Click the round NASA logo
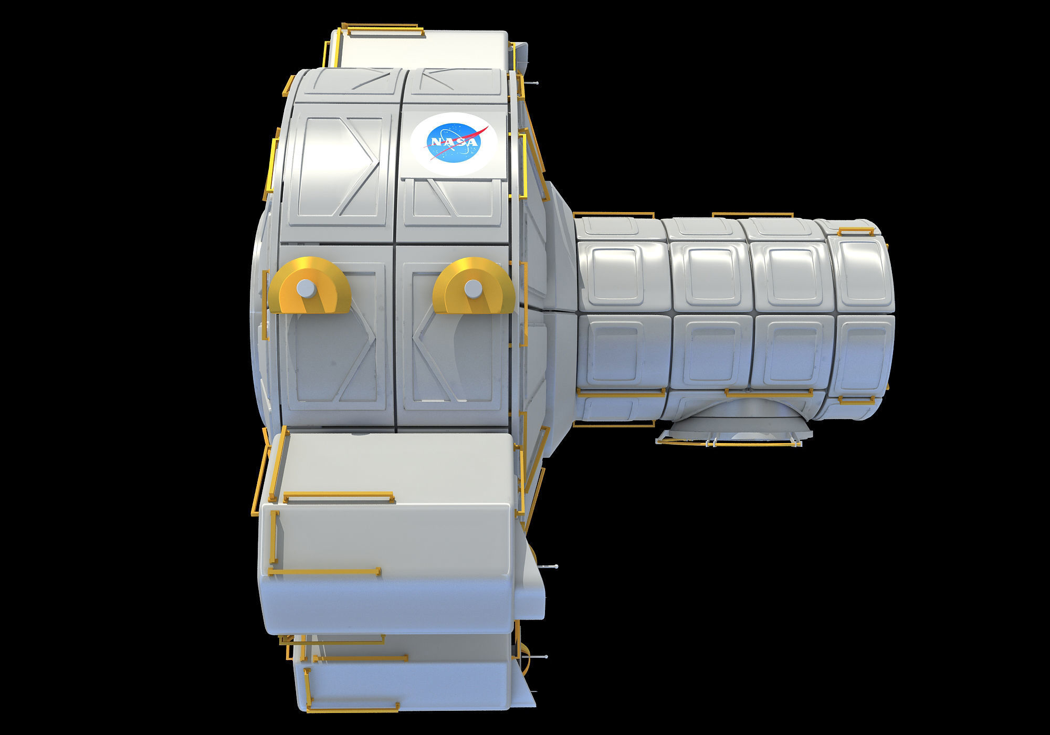pos(454,144)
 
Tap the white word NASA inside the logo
pos(453,142)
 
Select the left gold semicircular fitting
pos(309,286)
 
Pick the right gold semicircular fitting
pos(474,286)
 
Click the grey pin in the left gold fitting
pos(304,288)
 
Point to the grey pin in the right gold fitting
pos(472,288)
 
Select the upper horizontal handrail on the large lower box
pos(339,495)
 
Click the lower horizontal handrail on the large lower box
pos(324,571)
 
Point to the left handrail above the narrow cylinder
pos(613,215)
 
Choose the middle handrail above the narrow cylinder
pos(752,215)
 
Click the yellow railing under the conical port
pos(730,442)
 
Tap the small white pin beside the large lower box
pos(551,566)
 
